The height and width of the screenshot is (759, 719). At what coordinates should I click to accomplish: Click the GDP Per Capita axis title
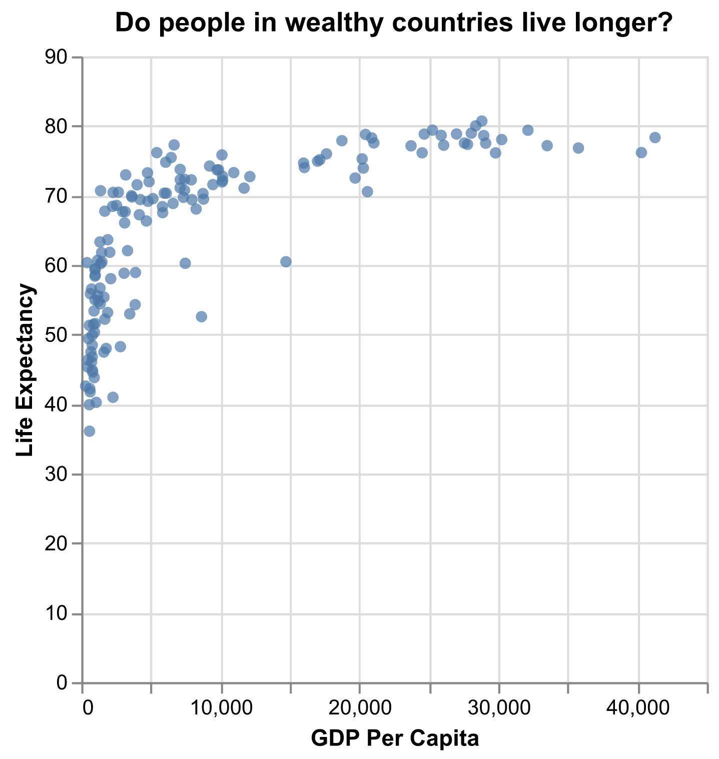click(395, 738)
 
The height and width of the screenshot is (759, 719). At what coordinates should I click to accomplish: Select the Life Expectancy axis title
click(25, 369)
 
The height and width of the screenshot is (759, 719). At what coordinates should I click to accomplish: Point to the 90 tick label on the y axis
click(56, 58)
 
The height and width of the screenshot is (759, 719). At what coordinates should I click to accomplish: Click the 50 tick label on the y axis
click(56, 335)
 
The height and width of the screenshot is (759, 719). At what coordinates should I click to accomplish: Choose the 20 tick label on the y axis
click(56, 544)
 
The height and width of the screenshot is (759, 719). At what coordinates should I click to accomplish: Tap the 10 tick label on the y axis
click(56, 614)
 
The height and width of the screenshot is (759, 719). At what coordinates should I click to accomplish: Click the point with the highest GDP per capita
click(655, 138)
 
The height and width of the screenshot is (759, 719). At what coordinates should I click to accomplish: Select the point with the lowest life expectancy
click(90, 431)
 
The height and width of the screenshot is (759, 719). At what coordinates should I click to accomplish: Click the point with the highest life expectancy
click(482, 121)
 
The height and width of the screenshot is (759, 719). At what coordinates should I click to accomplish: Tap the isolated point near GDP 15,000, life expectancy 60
click(286, 262)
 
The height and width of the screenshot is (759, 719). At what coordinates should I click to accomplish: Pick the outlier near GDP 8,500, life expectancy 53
click(202, 316)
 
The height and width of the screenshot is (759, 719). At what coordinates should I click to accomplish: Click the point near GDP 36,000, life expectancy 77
click(578, 148)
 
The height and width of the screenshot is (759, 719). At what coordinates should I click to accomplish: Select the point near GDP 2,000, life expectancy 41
click(113, 397)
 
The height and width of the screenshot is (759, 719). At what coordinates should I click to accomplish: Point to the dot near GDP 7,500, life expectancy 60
click(185, 263)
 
